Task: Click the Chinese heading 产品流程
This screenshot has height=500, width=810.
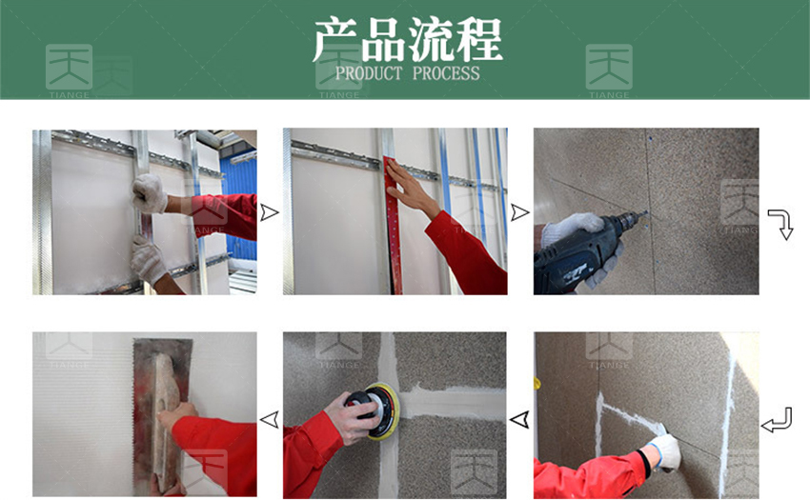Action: click(407, 40)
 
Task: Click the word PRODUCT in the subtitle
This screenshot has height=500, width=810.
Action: click(369, 73)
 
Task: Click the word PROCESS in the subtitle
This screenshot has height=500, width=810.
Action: click(446, 73)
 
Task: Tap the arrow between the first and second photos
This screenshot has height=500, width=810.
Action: click(269, 212)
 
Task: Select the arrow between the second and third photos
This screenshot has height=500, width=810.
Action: click(519, 212)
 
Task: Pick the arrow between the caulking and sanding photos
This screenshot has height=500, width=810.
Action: click(519, 419)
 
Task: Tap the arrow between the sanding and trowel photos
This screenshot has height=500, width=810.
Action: click(269, 419)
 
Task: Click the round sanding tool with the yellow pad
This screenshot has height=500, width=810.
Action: click(376, 410)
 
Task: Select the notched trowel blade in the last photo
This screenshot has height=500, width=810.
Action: click(160, 413)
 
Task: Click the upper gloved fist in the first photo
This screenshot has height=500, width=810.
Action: click(150, 193)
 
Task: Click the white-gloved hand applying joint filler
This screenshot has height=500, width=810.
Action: click(665, 450)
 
